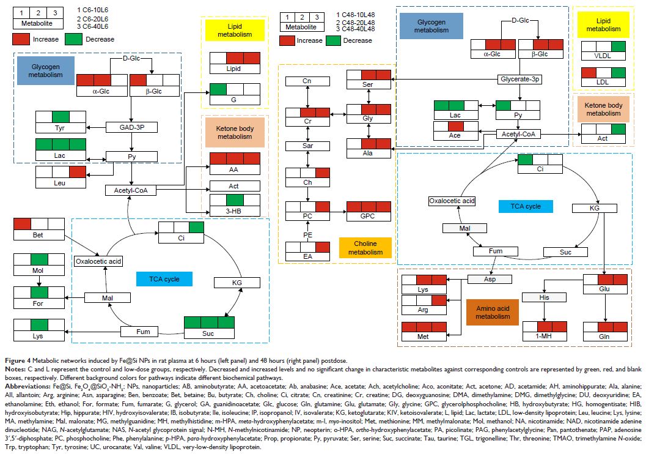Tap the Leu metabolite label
(x=61, y=182)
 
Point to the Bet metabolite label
(x=39, y=235)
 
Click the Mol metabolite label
(x=39, y=270)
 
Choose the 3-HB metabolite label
(x=235, y=212)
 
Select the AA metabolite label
(x=235, y=170)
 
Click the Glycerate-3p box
(x=520, y=80)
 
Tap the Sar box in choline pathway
(x=308, y=147)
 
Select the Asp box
(x=490, y=279)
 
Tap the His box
(x=543, y=297)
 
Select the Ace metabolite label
(x=455, y=135)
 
